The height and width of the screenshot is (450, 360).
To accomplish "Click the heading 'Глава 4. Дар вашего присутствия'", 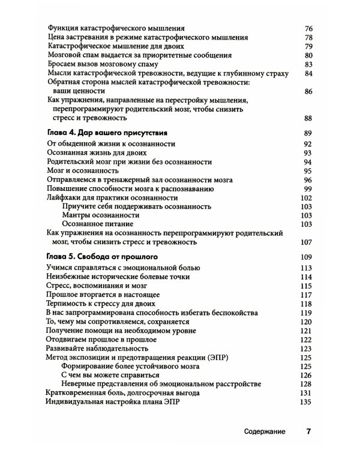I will (106, 133).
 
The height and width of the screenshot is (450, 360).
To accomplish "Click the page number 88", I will (310, 119).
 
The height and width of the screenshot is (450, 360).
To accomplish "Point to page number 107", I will (308, 242).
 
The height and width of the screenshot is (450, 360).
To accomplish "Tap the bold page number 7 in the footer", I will (308, 431).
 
